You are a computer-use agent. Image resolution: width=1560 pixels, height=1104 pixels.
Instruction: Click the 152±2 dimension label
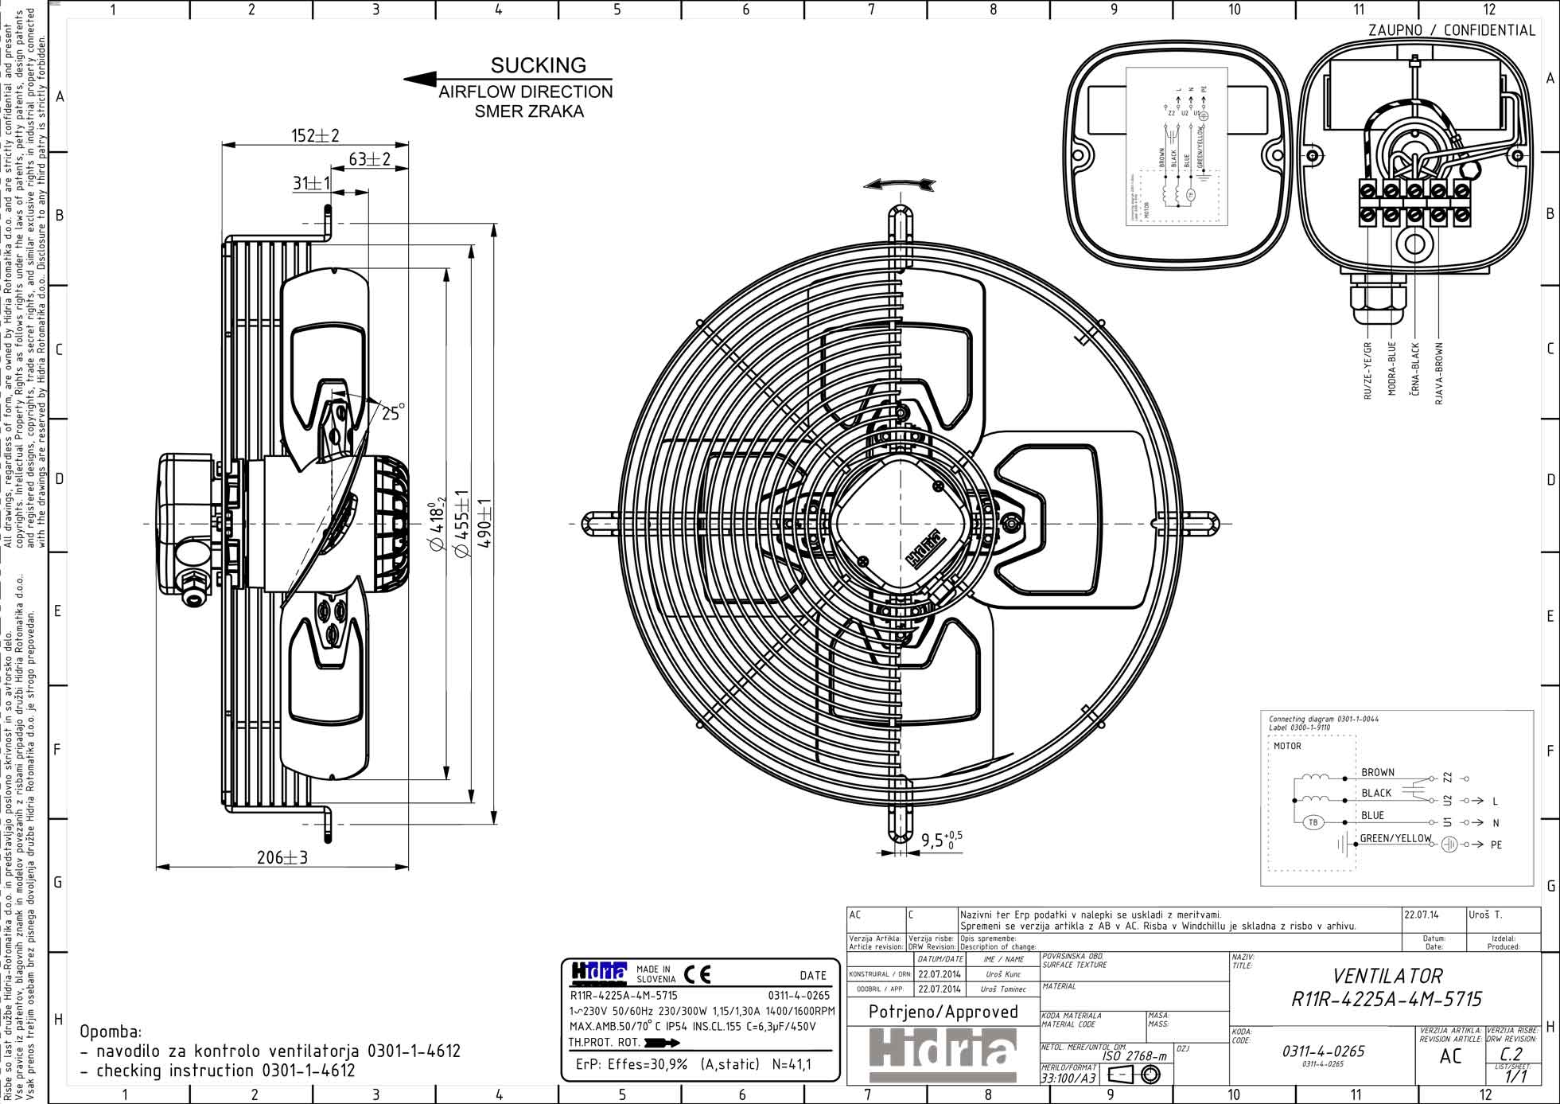(315, 135)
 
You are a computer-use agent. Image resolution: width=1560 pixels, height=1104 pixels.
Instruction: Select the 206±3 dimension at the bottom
(282, 857)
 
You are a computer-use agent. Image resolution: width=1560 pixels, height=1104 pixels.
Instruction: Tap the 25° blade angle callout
(392, 412)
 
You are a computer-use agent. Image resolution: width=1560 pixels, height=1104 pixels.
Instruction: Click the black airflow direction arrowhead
(420, 79)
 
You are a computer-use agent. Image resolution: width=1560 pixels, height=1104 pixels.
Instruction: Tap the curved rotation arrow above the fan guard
(899, 185)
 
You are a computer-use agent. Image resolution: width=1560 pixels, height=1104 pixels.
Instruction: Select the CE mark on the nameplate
(697, 974)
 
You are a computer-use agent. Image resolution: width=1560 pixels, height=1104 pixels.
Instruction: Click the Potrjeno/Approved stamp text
(943, 1012)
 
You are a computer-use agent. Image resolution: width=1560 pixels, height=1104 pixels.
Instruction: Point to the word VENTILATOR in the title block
(1387, 976)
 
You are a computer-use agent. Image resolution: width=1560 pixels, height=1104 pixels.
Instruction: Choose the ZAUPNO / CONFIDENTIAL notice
(1451, 30)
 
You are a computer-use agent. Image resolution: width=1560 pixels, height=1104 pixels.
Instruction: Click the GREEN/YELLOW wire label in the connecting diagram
(1395, 838)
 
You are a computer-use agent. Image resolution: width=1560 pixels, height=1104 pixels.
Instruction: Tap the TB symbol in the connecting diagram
(1313, 823)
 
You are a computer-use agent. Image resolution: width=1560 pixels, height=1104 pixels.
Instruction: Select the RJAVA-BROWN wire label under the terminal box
(1439, 374)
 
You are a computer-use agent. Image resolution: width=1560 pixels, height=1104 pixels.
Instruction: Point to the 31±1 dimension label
(311, 183)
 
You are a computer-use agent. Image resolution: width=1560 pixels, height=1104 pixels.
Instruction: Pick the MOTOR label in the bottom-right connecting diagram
(1287, 746)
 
